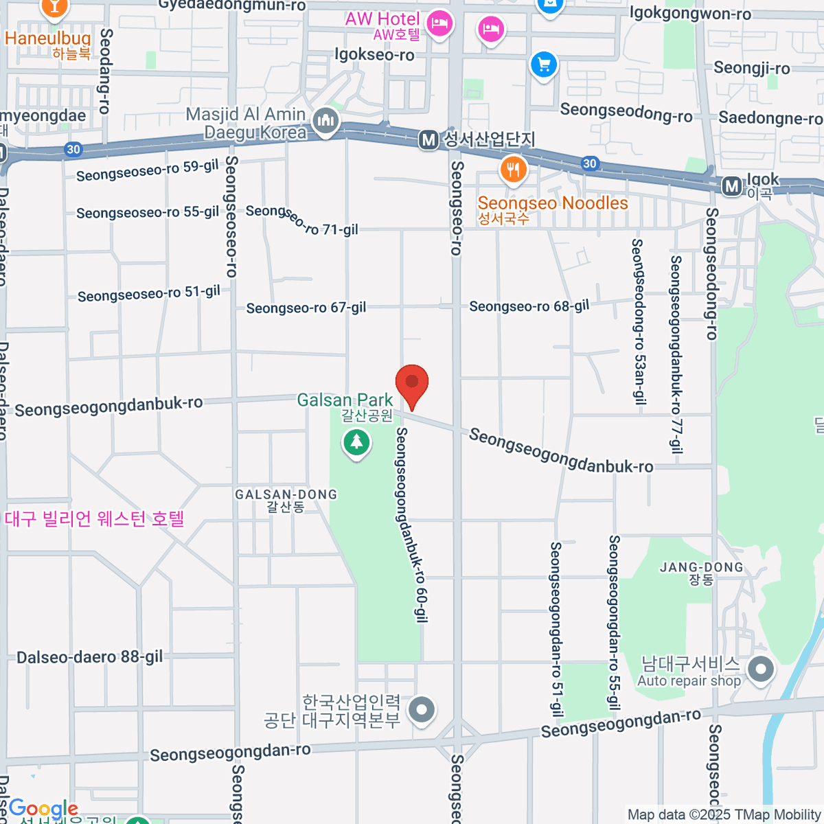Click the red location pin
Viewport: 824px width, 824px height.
tap(412, 385)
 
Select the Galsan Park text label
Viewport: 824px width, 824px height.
tap(345, 400)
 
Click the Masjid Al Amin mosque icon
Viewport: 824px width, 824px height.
tap(325, 122)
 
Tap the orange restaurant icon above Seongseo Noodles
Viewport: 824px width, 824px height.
tap(513, 169)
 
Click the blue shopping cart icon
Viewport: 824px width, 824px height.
tap(544, 66)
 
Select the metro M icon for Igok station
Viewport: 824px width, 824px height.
tap(732, 185)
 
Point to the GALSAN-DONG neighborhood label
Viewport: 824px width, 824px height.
tap(286, 494)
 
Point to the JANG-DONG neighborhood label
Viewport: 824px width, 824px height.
tap(701, 567)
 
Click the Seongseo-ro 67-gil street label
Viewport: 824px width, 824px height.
tap(306, 308)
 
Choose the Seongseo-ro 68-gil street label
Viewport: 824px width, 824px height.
tap(529, 306)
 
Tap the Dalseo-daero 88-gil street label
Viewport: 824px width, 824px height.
tap(89, 657)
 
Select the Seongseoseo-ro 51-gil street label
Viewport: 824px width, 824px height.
tap(148, 294)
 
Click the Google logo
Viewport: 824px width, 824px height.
tap(43, 808)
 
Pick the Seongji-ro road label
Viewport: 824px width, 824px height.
tap(752, 68)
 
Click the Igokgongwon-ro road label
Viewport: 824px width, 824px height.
tap(690, 14)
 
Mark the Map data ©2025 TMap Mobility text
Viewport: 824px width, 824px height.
tap(724, 815)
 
